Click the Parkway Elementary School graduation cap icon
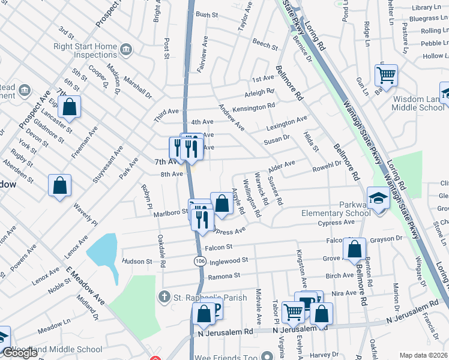coord(378,198)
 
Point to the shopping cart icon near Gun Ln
coord(386,76)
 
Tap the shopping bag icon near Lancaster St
coord(70,107)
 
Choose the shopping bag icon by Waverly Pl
coord(60,185)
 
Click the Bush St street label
coord(206,14)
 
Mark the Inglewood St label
coord(228,261)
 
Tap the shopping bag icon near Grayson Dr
coord(354,248)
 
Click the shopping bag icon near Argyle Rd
coord(222,203)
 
